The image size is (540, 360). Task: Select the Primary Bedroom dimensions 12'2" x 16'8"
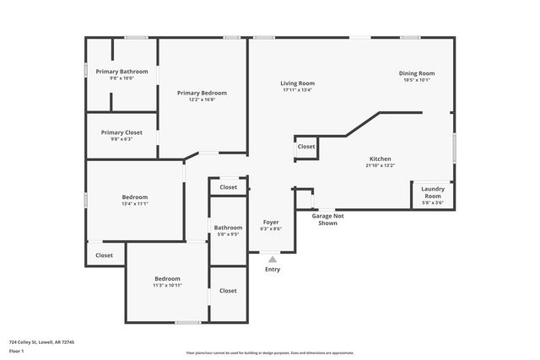pos(202,99)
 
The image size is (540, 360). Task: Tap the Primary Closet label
pos(121,132)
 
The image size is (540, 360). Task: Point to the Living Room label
pos(298,83)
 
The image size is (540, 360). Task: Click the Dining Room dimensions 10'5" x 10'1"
pos(416,80)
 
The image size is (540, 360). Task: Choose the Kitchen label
pos(380,159)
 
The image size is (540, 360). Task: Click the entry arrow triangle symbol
pos(272,261)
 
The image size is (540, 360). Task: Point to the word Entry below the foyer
pos(273,270)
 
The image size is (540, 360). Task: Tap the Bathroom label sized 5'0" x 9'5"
pos(228,227)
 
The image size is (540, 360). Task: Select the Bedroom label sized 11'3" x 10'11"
pos(167,279)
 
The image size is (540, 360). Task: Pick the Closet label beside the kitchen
pos(306,147)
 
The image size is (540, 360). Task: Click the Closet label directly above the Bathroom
pos(228,187)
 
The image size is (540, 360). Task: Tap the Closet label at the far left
pos(104,255)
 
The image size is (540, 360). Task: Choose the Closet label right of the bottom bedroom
pos(228,290)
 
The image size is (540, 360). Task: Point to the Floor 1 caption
pos(15,351)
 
